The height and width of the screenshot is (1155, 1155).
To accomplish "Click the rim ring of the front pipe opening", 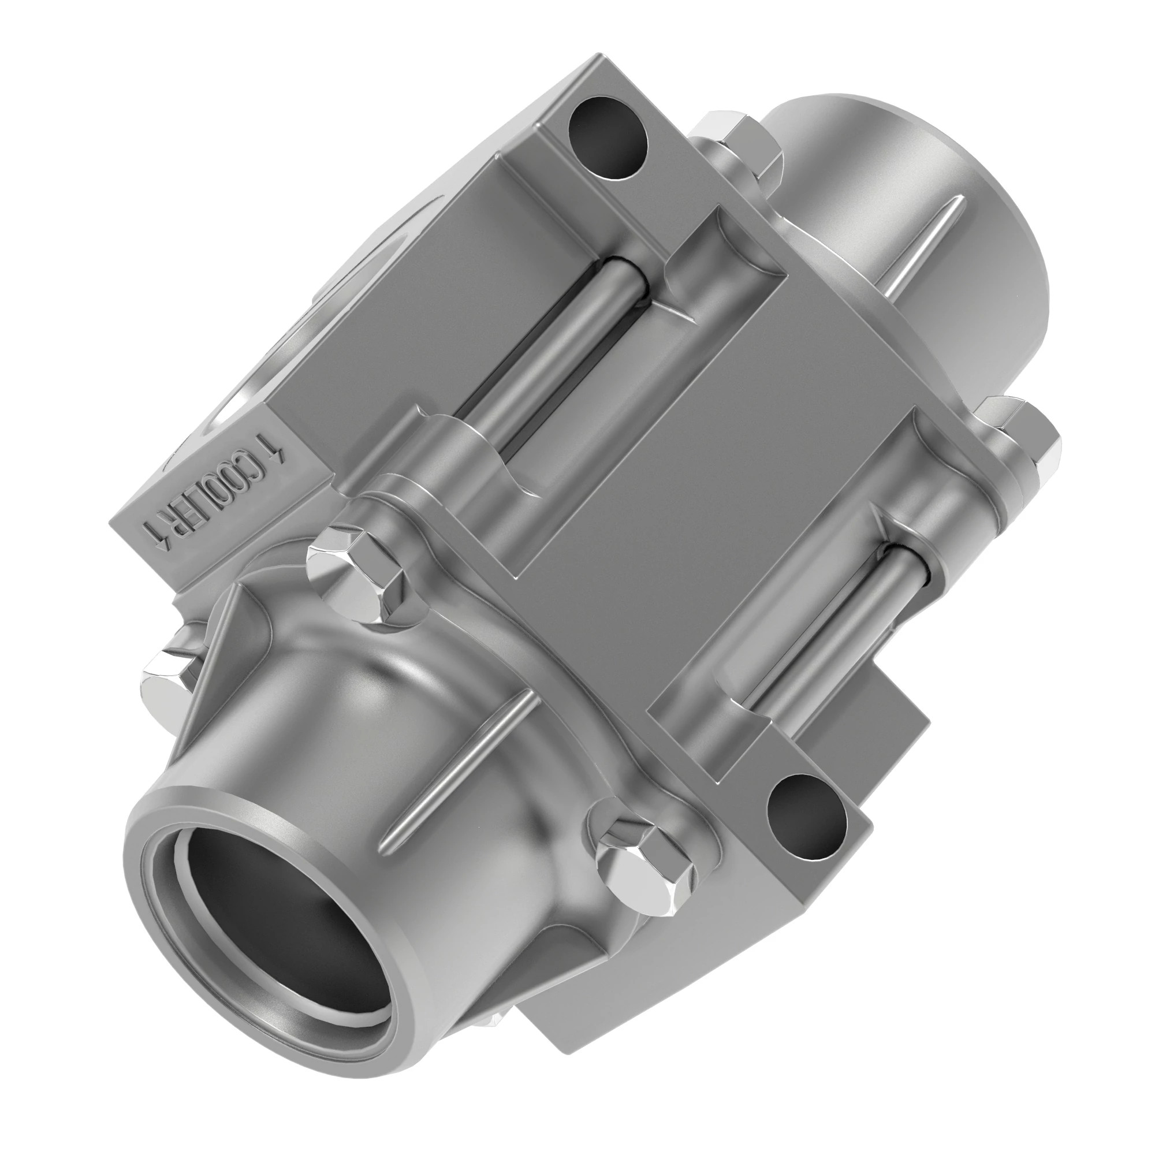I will click(180, 825).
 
